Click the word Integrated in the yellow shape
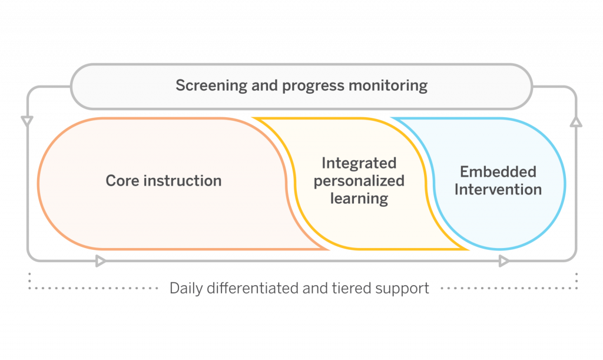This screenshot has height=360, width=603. pyautogui.click(x=359, y=163)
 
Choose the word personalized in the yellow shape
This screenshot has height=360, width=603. pyautogui.click(x=359, y=181)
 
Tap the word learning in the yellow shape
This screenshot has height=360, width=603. pyautogui.click(x=359, y=199)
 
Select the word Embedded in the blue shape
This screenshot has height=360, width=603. pyautogui.click(x=498, y=172)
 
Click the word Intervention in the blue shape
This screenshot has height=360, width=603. pyautogui.click(x=498, y=190)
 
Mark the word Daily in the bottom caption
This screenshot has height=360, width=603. pyautogui.click(x=185, y=289)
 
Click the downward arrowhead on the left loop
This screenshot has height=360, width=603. pyautogui.click(x=27, y=121)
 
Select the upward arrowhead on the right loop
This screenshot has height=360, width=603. pyautogui.click(x=576, y=122)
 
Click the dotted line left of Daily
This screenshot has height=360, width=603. pyautogui.click(x=94, y=289)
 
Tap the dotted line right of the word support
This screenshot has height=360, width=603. pyautogui.click(x=506, y=289)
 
